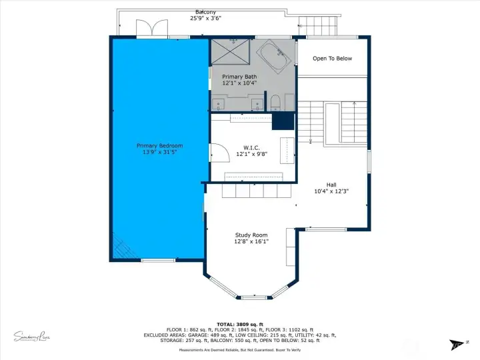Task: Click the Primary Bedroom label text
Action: [x=159, y=145]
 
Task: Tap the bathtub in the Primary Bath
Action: [x=273, y=56]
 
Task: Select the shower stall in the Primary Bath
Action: [x=233, y=51]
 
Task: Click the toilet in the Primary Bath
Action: [x=275, y=102]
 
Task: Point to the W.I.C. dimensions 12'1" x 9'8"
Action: [x=251, y=154]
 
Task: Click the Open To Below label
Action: [x=332, y=59]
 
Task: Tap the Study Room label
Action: [x=251, y=235]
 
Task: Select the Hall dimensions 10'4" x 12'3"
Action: [x=331, y=191]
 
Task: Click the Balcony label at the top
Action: [x=205, y=12]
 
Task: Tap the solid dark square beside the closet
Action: [x=283, y=121]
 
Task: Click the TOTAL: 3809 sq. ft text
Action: [x=240, y=323]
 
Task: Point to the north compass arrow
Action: [x=457, y=344]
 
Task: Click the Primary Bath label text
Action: [x=239, y=77]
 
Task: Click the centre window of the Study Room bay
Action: [x=253, y=297]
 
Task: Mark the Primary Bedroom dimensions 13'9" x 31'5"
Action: [x=159, y=153]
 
